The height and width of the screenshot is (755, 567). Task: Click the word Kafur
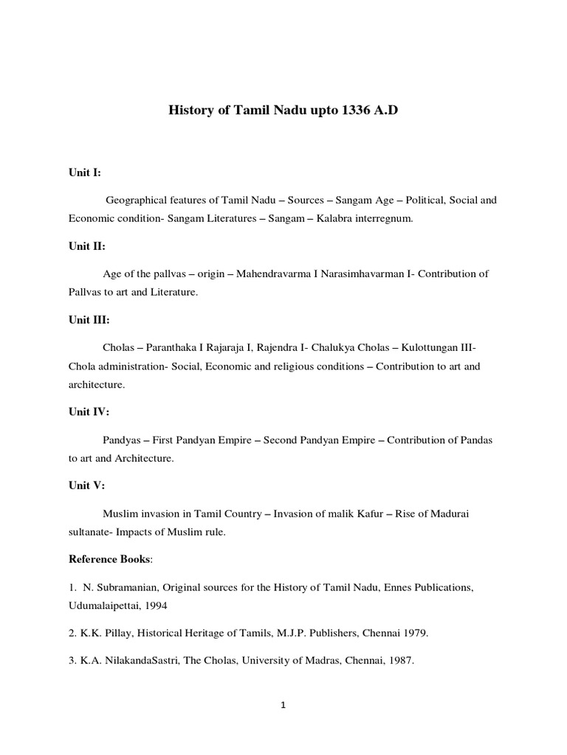click(x=367, y=512)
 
